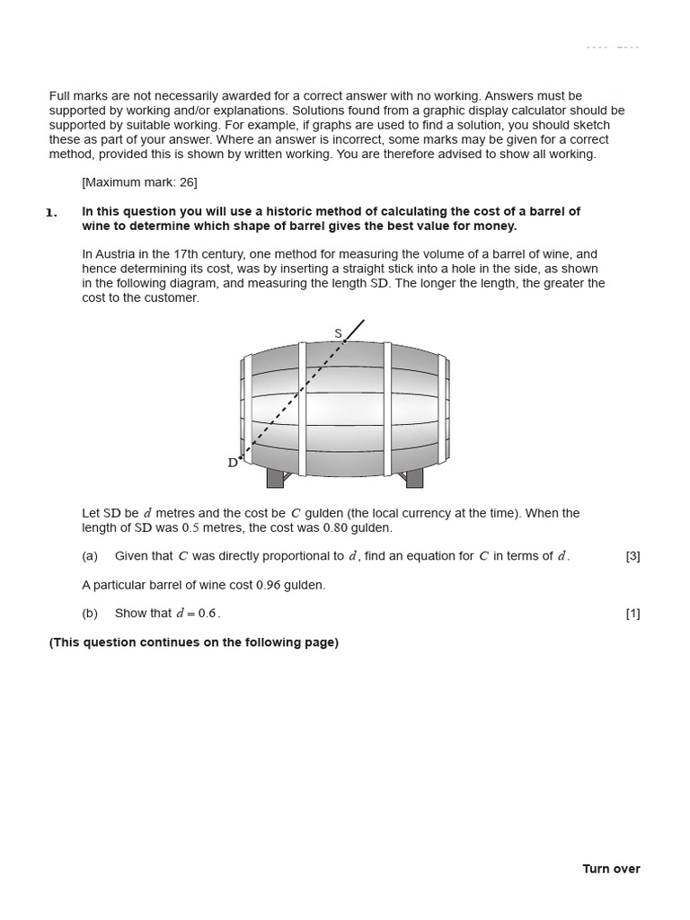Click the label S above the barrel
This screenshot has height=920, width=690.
338,333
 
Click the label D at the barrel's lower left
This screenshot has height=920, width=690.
233,463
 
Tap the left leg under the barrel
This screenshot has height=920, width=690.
275,478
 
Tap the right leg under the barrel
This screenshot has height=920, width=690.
414,478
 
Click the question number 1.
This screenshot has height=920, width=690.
51,213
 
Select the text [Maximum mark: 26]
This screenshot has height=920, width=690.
139,182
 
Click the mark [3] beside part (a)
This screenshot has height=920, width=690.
632,556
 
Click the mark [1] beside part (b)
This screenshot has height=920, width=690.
632,614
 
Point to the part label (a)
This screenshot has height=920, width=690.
90,556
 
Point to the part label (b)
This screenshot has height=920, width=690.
90,614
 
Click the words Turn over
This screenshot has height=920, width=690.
611,869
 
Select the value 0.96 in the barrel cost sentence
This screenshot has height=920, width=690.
268,585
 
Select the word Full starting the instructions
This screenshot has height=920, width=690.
61,96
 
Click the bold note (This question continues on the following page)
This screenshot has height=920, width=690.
194,642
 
